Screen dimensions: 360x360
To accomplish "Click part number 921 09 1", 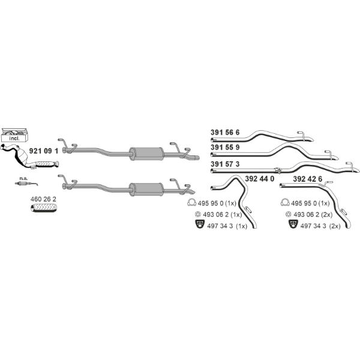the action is tap(44, 151).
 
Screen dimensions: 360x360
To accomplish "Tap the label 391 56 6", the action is tap(225, 133).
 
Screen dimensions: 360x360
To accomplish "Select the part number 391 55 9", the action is tap(225, 148).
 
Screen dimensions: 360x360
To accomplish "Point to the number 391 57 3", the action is tap(225, 164).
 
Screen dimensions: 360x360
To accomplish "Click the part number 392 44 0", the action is tap(260, 179).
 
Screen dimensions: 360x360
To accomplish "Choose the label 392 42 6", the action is tap(308, 179).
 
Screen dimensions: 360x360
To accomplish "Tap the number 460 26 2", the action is tap(43, 199).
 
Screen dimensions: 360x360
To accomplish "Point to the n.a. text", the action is tap(23, 178).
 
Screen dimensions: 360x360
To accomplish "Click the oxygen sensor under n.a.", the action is tap(26, 184).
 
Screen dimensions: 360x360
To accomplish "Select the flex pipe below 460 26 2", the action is tap(44, 208).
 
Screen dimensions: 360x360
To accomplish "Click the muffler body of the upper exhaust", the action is tap(146, 154).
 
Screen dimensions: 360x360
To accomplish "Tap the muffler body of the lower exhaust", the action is tap(146, 190).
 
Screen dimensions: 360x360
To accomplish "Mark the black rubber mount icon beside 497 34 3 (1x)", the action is tap(200, 224).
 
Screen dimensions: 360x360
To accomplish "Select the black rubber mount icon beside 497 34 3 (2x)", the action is tap(293, 224).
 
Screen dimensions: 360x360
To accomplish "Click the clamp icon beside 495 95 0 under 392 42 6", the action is tap(285, 202).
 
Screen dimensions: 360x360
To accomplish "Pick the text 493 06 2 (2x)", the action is tap(313, 215).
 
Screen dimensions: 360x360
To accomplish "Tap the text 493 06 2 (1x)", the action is tap(223, 215).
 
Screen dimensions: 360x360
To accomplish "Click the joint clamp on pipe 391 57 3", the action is tap(278, 170).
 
